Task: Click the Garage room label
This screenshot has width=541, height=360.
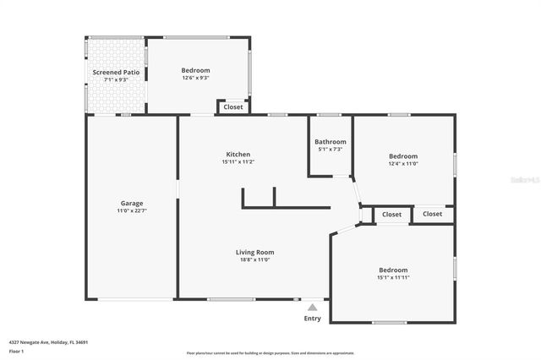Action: [x=131, y=203]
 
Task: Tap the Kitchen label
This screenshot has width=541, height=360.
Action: [x=238, y=155]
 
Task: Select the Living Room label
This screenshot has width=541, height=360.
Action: [x=254, y=252]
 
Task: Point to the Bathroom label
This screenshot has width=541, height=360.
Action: [x=331, y=142]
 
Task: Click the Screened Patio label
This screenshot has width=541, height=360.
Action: [x=116, y=73]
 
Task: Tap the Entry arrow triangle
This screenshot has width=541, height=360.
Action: [x=313, y=308]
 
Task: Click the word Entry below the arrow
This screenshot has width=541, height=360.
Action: [x=313, y=319]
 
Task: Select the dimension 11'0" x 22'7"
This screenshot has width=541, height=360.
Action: [x=131, y=210]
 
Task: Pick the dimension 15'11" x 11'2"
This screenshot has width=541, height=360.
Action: [x=238, y=162]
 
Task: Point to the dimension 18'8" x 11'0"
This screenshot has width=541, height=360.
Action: [x=254, y=259]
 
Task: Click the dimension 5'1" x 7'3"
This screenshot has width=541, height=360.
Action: [x=331, y=150]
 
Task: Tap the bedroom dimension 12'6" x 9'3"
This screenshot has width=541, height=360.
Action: [x=195, y=78]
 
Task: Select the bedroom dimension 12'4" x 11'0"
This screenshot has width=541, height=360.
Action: [x=403, y=164]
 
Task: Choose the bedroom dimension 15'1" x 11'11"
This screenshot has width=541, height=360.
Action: [x=393, y=277]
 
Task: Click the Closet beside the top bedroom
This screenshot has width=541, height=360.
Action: [x=233, y=107]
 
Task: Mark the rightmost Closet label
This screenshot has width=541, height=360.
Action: [x=433, y=214]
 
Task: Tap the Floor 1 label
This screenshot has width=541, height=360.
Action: [x=16, y=350]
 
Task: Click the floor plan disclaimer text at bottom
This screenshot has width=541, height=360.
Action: [x=270, y=353]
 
